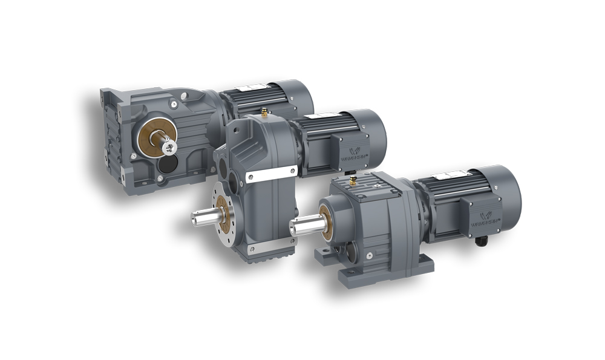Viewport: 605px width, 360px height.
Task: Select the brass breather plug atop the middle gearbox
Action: click(264, 111)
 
